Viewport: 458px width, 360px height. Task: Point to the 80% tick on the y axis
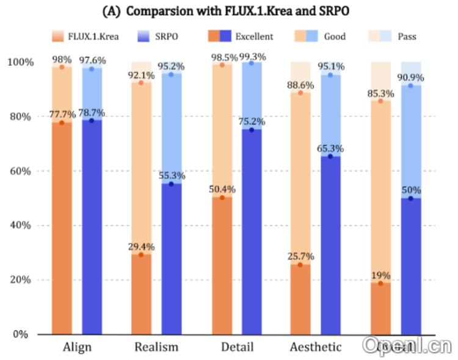20,117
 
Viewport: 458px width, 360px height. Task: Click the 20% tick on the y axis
20,280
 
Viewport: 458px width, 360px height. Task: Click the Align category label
78,348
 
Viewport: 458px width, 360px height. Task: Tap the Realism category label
157,348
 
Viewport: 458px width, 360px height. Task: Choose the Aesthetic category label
315,348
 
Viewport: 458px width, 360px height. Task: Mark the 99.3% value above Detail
252,56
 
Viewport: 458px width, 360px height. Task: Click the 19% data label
381,275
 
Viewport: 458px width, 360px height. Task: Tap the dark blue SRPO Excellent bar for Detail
252,232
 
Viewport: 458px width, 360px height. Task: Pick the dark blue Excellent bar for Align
92,226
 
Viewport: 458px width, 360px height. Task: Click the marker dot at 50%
410,198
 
